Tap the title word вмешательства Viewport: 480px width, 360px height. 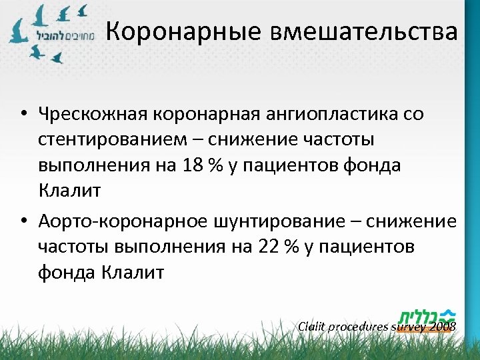pos(364,31)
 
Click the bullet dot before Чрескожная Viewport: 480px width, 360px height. pos(23,114)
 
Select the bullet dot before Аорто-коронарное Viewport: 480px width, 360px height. pos(23,221)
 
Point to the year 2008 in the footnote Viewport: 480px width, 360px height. pos(443,327)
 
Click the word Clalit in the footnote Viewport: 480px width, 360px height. pos(313,327)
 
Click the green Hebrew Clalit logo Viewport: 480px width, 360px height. pos(427,315)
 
